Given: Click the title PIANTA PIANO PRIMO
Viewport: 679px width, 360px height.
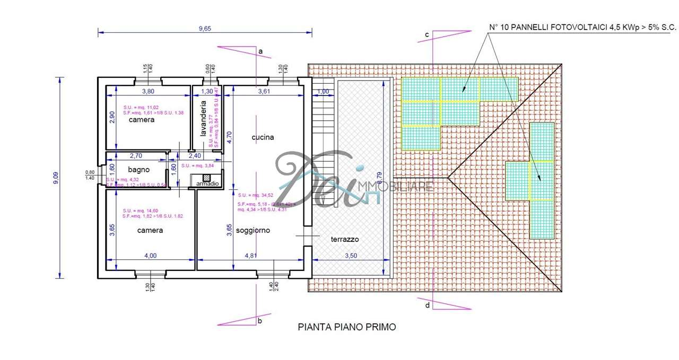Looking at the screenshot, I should [x=347, y=327].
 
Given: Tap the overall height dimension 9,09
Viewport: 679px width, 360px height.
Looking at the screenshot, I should [x=55, y=178].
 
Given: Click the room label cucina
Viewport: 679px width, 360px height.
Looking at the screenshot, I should [x=263, y=137].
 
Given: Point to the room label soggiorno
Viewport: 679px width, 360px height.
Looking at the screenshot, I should [x=253, y=230].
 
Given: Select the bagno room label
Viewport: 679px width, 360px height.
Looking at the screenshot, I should [x=138, y=170].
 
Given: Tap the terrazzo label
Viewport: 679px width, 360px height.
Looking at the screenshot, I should [x=345, y=239].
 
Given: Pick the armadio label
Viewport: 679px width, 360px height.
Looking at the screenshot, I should [x=207, y=183].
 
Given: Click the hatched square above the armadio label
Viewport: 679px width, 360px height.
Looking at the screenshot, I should [x=207, y=177].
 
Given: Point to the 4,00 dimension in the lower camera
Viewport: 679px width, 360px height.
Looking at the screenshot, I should [x=151, y=256].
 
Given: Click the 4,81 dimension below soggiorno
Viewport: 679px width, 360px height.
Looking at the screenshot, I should [x=251, y=256].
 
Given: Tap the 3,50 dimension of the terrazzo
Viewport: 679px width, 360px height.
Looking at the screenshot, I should [x=351, y=256].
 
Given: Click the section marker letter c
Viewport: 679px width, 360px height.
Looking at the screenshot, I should [x=426, y=35].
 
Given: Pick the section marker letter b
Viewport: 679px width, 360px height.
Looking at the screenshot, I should [x=259, y=321].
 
